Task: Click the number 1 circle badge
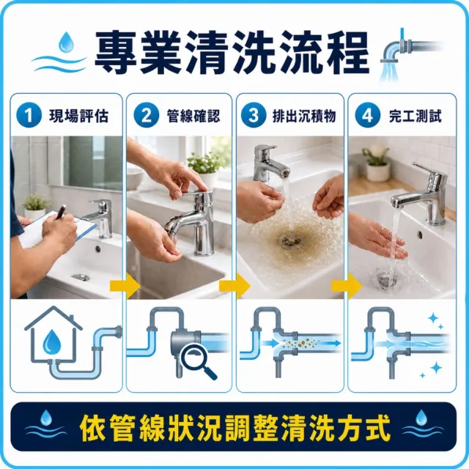click(x=29, y=115)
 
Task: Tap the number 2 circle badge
click(x=147, y=115)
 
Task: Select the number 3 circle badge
click(x=254, y=115)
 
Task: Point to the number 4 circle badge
click(x=368, y=115)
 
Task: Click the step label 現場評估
click(x=78, y=116)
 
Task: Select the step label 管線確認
click(x=193, y=116)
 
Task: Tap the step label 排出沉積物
click(x=304, y=116)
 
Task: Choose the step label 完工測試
click(x=416, y=116)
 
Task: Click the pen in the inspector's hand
click(x=61, y=212)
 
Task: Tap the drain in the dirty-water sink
click(x=289, y=240)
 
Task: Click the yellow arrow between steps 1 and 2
click(x=125, y=286)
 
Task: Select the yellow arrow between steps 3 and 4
click(x=347, y=286)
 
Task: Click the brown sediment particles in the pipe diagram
click(x=300, y=343)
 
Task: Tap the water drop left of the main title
click(x=66, y=43)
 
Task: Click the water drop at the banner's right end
click(x=421, y=418)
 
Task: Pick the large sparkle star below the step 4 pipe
click(x=436, y=368)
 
